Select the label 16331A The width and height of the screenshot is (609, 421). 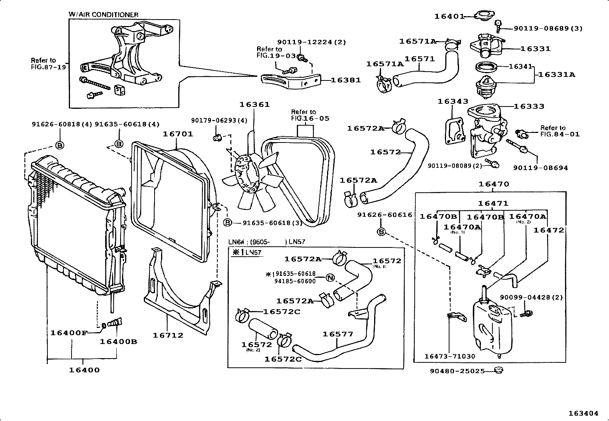tap(556, 75)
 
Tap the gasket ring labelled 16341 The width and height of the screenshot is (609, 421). tap(487, 67)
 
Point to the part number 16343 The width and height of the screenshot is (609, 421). tap(453, 102)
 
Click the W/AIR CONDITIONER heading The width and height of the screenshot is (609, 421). tap(103, 15)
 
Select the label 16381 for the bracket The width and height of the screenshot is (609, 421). tap(345, 80)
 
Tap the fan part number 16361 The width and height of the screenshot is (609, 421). tap(254, 104)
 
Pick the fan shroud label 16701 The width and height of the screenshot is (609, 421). tap(178, 134)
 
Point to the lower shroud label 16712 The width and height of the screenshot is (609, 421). tap(168, 335)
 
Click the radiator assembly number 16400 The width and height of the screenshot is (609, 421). tap(84, 370)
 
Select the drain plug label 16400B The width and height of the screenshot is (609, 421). tap(118, 341)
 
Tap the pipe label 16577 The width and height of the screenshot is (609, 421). tap(338, 334)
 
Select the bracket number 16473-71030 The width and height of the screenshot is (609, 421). tap(449, 356)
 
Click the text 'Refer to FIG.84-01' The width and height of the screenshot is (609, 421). tap(560, 131)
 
